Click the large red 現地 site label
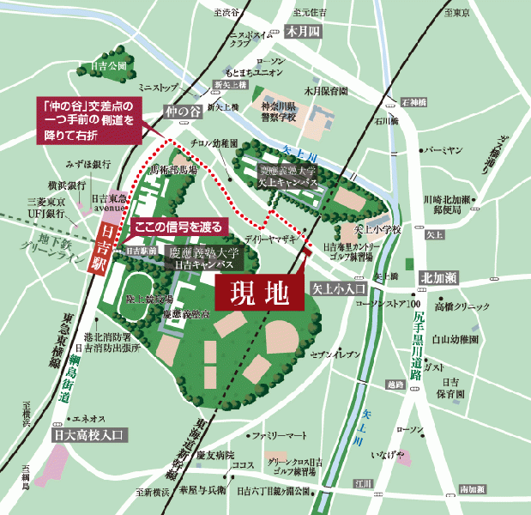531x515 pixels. coord(260,292)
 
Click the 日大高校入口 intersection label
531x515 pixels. coord(89,435)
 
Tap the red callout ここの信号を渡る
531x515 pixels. coord(179,227)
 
